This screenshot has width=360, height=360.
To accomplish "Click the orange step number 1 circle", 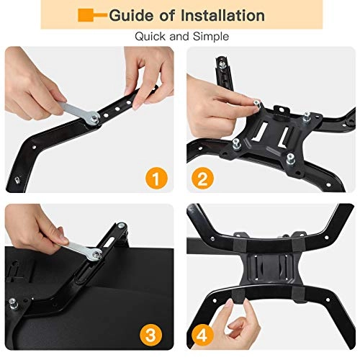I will click(153, 176).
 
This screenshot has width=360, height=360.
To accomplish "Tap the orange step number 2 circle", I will click(205, 176).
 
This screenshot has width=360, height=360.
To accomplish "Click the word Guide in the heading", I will click(130, 15).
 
